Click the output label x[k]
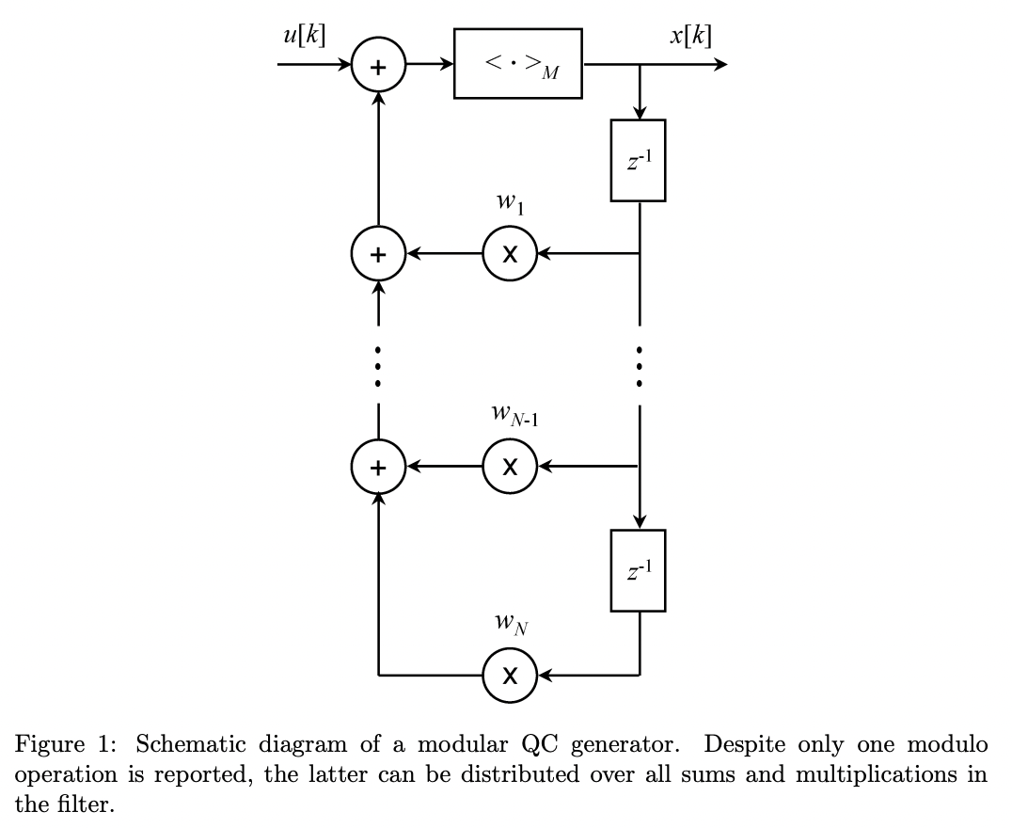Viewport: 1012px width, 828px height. coord(691,37)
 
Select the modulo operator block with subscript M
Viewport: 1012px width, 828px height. coord(517,64)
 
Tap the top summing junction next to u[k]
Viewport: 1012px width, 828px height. coord(378,66)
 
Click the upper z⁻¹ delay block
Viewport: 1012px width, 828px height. coord(638,160)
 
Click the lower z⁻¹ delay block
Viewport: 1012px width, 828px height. coord(638,570)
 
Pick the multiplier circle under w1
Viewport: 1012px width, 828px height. coord(510,254)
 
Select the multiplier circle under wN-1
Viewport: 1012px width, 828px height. coord(510,466)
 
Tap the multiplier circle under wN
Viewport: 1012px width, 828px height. coord(510,676)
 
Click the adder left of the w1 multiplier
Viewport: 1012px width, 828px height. coord(378,254)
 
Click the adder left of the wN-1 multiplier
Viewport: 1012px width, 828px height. coord(378,466)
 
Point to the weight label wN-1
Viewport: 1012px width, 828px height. coord(514,416)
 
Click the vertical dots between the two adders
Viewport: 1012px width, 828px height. coord(378,366)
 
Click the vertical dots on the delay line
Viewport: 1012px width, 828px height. coord(640,366)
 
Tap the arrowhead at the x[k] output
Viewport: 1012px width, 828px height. coord(719,64)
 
